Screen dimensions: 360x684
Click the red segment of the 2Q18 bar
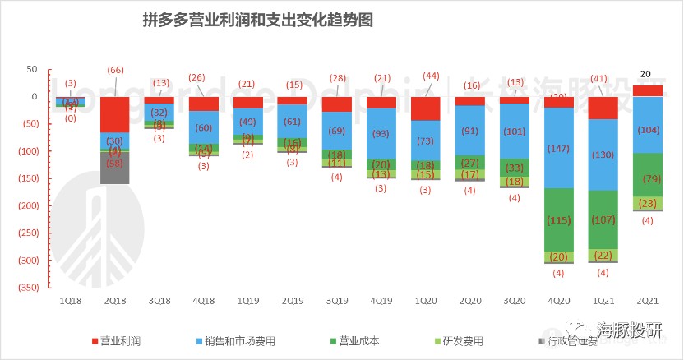(x=114, y=114)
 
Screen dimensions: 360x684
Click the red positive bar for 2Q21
(x=648, y=90)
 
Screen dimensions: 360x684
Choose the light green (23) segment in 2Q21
(x=648, y=203)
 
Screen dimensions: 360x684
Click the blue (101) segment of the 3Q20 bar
(x=515, y=131)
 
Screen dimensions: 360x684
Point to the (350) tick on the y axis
(x=27, y=287)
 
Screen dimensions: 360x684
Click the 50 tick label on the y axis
(x=33, y=69)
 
